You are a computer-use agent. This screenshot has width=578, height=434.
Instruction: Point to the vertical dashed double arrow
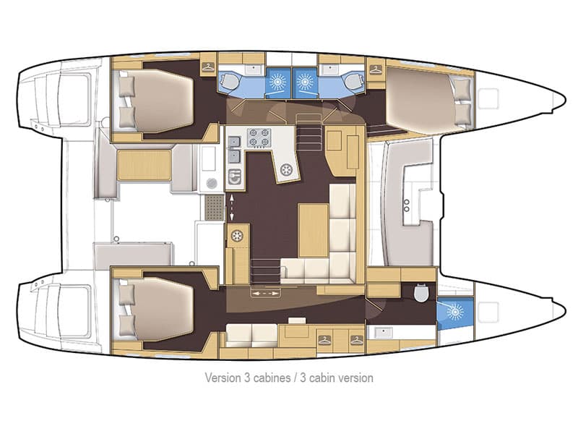coord(232,207)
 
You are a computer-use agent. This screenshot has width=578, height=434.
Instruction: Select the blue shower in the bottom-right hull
coord(454,312)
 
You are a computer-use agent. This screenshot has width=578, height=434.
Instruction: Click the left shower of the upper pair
coord(278,82)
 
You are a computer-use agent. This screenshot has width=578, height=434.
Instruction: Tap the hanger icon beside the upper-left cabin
coord(208,68)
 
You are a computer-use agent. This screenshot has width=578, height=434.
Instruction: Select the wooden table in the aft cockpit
coord(144,165)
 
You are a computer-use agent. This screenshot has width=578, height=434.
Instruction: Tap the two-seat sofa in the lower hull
coord(252,333)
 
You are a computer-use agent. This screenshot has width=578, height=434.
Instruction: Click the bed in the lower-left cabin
coord(159,307)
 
